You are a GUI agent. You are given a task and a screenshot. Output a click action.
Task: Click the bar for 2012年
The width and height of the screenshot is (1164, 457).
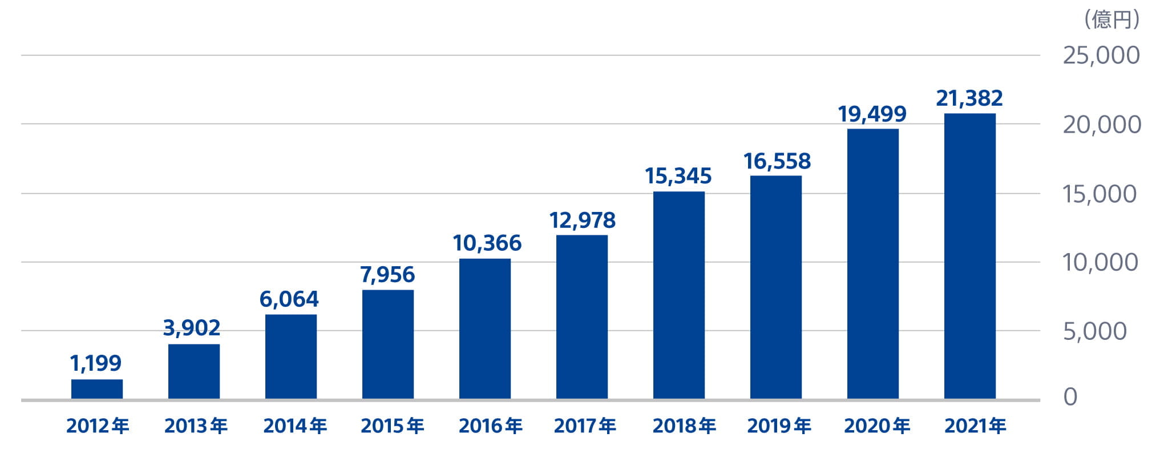[x=97, y=389]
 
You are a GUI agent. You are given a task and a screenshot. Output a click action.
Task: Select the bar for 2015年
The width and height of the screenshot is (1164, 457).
[x=388, y=344]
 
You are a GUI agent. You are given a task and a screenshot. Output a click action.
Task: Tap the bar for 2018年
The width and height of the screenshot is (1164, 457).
[x=679, y=295]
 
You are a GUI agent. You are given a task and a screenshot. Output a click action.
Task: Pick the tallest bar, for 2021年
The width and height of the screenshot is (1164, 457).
[x=970, y=256]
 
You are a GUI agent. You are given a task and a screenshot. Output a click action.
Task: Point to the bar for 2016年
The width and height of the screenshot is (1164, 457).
[x=485, y=329]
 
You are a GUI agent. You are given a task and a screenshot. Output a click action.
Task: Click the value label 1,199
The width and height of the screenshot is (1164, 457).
[x=96, y=363]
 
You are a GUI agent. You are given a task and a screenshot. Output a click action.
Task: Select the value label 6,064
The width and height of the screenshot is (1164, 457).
[x=289, y=299]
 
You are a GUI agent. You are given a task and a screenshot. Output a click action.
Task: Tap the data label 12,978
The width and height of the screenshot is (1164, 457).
[x=582, y=221]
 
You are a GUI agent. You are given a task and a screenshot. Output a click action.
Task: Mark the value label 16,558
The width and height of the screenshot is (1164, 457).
[x=777, y=162]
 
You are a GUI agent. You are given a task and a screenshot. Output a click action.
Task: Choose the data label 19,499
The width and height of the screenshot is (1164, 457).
[x=872, y=114]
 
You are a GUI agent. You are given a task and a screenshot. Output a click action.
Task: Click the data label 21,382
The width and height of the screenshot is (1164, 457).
[x=969, y=98]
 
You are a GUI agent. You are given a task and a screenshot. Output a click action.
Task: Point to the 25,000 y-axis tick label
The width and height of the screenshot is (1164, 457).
[x=1101, y=55]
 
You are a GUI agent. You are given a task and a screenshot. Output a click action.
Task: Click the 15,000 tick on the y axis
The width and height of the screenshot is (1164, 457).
[x=1100, y=194]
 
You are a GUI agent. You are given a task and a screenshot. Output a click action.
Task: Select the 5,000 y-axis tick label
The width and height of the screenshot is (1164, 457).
[x=1094, y=331]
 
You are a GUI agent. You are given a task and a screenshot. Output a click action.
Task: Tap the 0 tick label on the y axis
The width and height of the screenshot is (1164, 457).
[x=1070, y=397]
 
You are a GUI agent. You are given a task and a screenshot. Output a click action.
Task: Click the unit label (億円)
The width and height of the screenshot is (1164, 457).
[x=1112, y=20]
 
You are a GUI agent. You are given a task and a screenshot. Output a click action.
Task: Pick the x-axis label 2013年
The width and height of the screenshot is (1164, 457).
[x=196, y=426]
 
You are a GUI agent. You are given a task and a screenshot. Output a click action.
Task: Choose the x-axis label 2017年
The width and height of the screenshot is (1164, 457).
[x=585, y=426]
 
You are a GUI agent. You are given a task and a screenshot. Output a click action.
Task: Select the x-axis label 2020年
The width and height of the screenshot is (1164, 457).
[x=877, y=426]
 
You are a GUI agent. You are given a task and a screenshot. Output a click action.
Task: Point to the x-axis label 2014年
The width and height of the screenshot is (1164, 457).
[x=294, y=426]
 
